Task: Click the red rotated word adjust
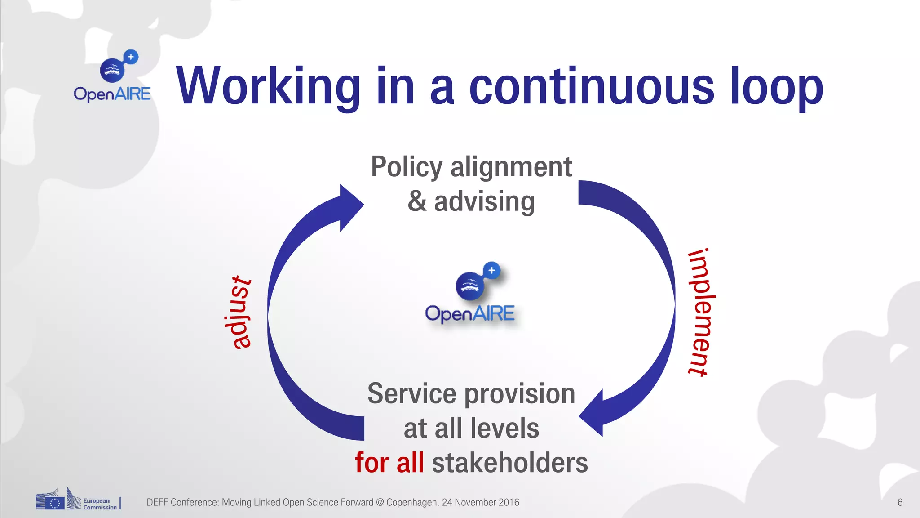[238, 313]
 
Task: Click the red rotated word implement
[701, 312]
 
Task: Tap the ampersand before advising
[417, 201]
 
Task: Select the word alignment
[511, 167]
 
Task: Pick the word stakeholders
[510, 463]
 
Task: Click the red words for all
[389, 463]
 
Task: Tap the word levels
[505, 428]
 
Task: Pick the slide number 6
[900, 502]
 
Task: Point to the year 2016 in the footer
[509, 502]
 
